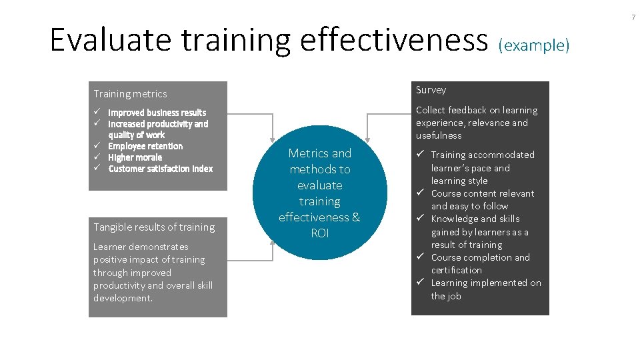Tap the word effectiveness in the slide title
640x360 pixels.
click(394, 40)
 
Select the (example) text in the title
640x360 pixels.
click(534, 45)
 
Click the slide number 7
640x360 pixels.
click(633, 17)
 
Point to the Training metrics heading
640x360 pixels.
click(131, 94)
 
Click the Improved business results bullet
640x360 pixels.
click(157, 113)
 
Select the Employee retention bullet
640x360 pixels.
click(145, 146)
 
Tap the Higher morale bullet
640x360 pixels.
click(135, 157)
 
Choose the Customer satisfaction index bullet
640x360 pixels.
click(160, 169)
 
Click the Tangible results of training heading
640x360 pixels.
click(154, 227)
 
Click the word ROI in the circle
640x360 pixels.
click(320, 233)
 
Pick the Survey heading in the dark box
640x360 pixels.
click(431, 90)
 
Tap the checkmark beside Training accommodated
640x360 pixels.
click(421, 155)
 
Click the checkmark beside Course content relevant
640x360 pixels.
click(421, 193)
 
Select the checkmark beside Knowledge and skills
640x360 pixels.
click(421, 219)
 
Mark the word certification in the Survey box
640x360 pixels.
click(456, 270)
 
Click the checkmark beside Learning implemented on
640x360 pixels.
click(421, 283)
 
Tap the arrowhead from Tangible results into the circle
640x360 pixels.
click(273, 241)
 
